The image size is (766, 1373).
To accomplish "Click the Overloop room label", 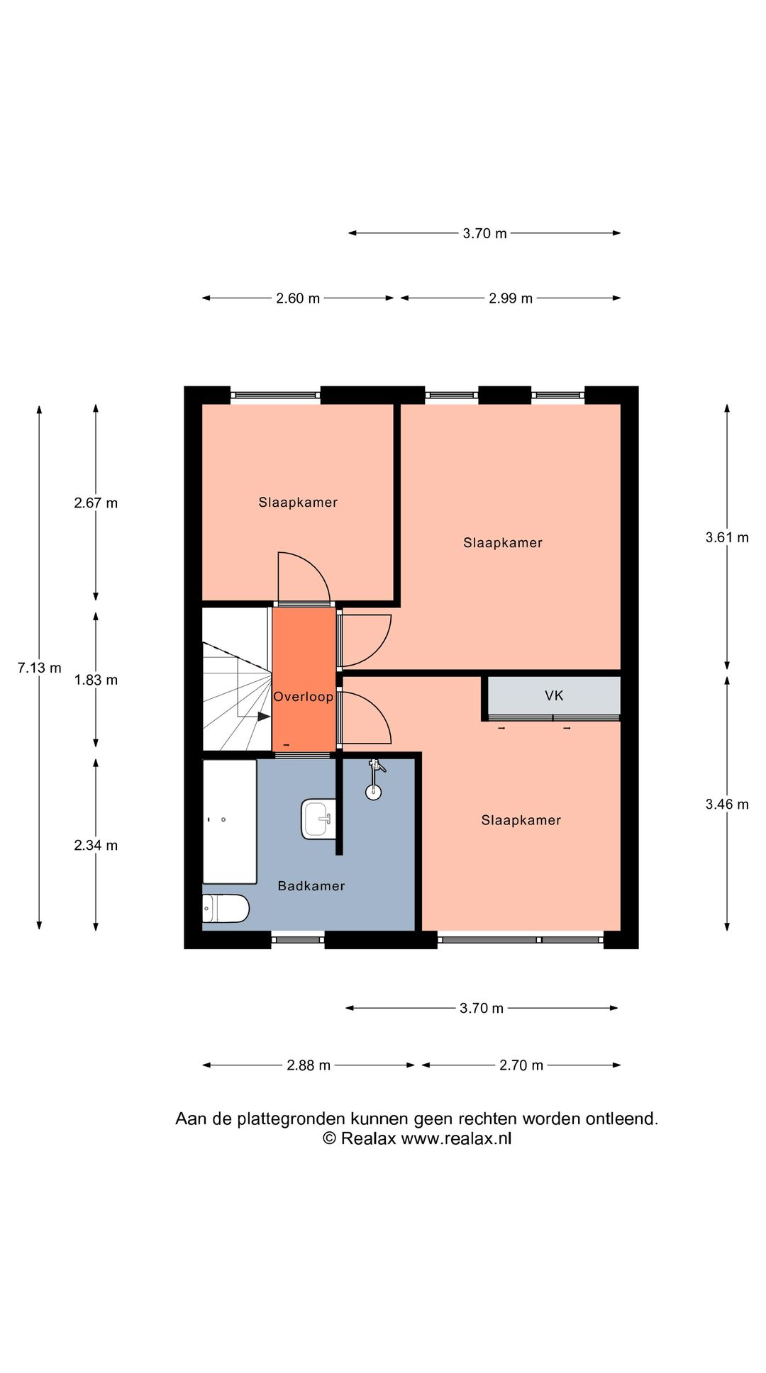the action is (x=304, y=697).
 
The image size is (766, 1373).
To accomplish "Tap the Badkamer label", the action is (x=311, y=885).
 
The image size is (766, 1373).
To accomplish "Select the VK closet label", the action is (x=554, y=695).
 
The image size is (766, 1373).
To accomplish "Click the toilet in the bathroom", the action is (x=226, y=909).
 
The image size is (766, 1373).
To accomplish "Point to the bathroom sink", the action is (x=318, y=819).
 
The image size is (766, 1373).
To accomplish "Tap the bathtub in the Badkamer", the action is (x=230, y=822).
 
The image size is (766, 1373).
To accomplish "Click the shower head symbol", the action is (x=374, y=780).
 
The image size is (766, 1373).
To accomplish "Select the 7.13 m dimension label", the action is (x=40, y=668).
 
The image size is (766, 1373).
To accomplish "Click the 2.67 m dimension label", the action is (x=96, y=503).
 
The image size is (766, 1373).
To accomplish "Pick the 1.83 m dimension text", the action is (x=96, y=680).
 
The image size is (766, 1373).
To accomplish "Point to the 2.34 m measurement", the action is (x=96, y=845).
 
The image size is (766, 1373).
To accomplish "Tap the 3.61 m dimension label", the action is (x=727, y=537).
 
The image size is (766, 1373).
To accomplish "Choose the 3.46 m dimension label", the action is (x=727, y=804).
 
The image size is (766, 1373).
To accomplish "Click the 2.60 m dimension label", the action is (x=298, y=298).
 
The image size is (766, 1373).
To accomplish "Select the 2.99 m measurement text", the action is (x=511, y=298).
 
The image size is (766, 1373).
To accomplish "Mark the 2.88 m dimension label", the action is (x=309, y=1065).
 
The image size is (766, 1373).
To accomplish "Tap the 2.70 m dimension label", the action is (x=521, y=1065).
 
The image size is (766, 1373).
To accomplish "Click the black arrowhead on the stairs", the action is (x=264, y=717).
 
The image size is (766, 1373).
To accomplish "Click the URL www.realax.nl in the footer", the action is (x=456, y=1138).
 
